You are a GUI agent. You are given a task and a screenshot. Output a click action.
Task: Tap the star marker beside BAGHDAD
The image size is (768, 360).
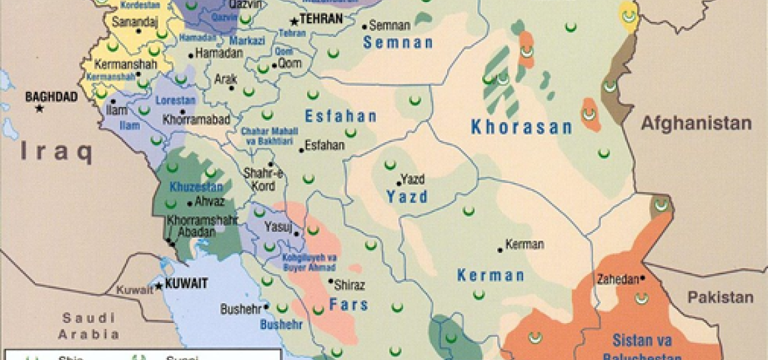tap(40, 108)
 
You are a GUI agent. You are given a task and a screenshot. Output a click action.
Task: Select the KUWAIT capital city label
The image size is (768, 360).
tap(185, 284)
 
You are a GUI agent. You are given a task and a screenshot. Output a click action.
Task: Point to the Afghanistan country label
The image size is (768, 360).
tap(696, 124)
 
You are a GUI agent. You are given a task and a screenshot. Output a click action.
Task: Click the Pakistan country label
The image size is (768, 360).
tap(720, 298)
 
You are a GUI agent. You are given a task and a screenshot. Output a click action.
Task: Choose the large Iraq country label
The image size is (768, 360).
tap(56, 153)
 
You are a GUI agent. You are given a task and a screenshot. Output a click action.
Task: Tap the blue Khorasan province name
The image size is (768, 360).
tap(521, 127)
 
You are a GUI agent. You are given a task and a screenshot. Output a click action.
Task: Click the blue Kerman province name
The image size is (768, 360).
tap(490, 276)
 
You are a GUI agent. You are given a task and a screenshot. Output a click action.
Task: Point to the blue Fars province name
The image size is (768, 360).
tap(348, 304)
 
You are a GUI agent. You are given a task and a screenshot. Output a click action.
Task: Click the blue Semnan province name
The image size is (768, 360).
tap(398, 43)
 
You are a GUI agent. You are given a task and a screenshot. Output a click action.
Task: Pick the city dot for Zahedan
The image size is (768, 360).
tap(643, 278)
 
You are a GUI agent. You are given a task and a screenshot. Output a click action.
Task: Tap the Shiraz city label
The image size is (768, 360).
tap(350, 285)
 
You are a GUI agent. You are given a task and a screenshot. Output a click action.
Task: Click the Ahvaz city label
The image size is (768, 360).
tap(210, 202)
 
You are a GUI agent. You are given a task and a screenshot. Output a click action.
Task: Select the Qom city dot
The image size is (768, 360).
tap(274, 66)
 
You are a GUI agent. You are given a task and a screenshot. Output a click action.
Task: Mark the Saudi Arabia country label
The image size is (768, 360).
tap(88, 326)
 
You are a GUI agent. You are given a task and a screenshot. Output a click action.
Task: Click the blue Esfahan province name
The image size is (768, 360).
tap(341, 116)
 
